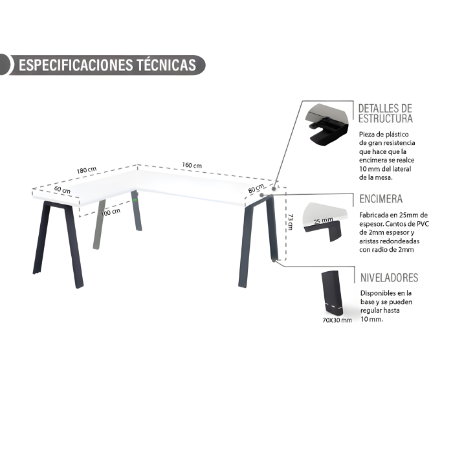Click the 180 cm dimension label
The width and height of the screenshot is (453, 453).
(86, 170)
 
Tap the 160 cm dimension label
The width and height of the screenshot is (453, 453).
(192, 165)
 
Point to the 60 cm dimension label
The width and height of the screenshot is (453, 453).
(62, 190)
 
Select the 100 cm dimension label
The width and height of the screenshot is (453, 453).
(111, 212)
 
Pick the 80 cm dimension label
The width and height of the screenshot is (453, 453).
(256, 188)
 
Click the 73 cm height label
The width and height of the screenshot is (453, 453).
(291, 222)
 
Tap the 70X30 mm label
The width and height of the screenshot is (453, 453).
(337, 320)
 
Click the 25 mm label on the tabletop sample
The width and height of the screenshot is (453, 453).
(324, 221)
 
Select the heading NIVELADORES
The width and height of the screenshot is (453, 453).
(389, 278)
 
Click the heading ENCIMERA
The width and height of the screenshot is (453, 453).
(381, 199)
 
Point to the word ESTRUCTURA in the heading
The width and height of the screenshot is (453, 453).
(386, 118)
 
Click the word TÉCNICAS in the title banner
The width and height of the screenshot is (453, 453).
(166, 65)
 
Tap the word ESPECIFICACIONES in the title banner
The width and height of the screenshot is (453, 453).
(76, 65)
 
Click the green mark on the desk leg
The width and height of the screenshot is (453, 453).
(135, 199)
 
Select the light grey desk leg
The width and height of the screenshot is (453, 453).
(99, 224)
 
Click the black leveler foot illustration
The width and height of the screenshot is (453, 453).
(332, 293)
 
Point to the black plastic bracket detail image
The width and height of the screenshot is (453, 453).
(327, 126)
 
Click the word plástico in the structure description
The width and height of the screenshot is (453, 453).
(398, 135)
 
